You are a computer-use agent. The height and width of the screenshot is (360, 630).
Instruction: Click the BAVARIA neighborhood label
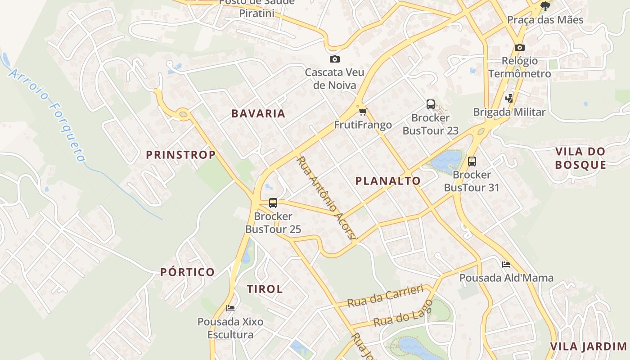click(x=258, y=113)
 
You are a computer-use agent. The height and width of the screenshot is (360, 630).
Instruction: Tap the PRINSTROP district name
click(x=180, y=155)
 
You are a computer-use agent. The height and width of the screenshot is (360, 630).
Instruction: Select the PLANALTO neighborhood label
click(x=388, y=181)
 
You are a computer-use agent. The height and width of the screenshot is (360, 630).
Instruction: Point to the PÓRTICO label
click(x=188, y=272)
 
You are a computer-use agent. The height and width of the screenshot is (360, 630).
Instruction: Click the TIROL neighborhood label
click(x=265, y=289)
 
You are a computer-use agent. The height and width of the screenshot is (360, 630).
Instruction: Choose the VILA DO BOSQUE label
click(x=580, y=158)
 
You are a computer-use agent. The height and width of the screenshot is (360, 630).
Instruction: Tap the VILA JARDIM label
click(x=589, y=346)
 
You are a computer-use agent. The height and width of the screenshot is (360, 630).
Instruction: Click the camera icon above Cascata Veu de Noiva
click(x=334, y=59)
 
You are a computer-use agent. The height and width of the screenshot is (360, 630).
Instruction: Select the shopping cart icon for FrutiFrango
click(x=363, y=111)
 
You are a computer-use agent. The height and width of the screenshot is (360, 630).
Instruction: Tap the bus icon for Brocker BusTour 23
click(x=431, y=104)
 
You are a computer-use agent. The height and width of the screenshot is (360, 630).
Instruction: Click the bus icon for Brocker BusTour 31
click(x=472, y=161)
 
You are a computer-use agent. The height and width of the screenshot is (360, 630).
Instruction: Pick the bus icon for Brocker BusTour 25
click(x=273, y=202)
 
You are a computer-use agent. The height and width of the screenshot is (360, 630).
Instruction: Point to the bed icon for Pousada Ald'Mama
click(x=506, y=264)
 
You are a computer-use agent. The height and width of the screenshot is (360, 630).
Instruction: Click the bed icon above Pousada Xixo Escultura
click(x=230, y=308)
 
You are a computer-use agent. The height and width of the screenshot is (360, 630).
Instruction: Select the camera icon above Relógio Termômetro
click(x=520, y=47)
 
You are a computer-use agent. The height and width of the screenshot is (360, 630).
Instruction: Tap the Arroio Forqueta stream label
click(x=47, y=115)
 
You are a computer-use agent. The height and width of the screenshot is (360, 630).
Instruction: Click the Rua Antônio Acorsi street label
click(x=327, y=198)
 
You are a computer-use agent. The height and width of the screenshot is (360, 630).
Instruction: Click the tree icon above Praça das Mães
click(x=545, y=6)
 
